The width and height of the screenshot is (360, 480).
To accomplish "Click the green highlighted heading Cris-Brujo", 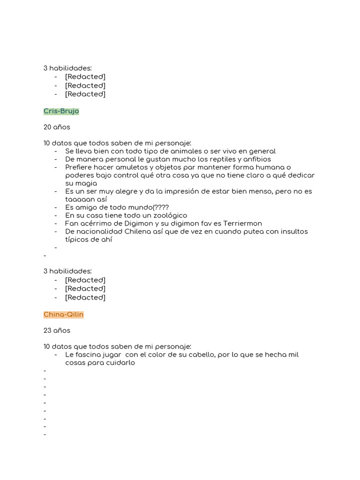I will pyautogui.click(x=61, y=111).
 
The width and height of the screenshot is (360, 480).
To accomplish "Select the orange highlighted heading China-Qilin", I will pyautogui.click(x=63, y=315).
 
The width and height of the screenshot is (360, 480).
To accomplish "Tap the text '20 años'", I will pyautogui.click(x=57, y=127).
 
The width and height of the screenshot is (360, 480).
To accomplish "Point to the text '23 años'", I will pyautogui.click(x=57, y=330).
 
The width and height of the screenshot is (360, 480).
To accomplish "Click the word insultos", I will pyautogui.click(x=294, y=231).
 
